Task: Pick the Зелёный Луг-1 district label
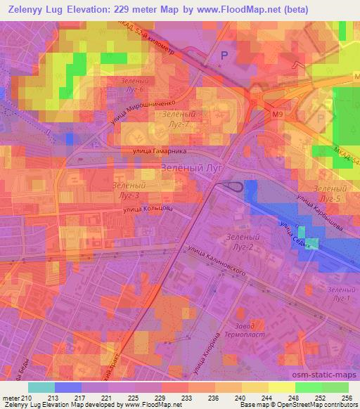338,295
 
